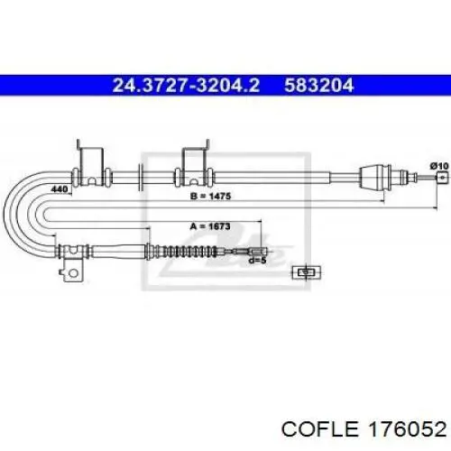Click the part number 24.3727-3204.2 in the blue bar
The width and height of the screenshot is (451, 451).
tap(186, 85)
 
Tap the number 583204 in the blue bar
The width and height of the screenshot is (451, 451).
tap(319, 85)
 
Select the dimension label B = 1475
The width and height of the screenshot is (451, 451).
tap(211, 197)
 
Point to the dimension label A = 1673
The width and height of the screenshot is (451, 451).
tap(210, 226)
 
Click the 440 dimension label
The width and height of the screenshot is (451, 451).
tap(60, 189)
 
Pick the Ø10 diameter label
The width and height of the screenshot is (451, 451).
tap(439, 166)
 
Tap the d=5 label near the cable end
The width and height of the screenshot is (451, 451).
tap(258, 261)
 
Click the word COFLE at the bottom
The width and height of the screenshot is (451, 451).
tap(320, 428)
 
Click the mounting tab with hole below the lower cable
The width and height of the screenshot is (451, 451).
tap(71, 270)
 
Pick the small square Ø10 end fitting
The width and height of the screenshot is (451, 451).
tap(442, 177)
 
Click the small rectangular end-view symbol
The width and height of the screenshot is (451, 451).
tap(307, 272)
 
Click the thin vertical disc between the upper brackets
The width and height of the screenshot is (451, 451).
tap(140, 178)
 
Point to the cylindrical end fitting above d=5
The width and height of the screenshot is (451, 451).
tap(257, 251)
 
